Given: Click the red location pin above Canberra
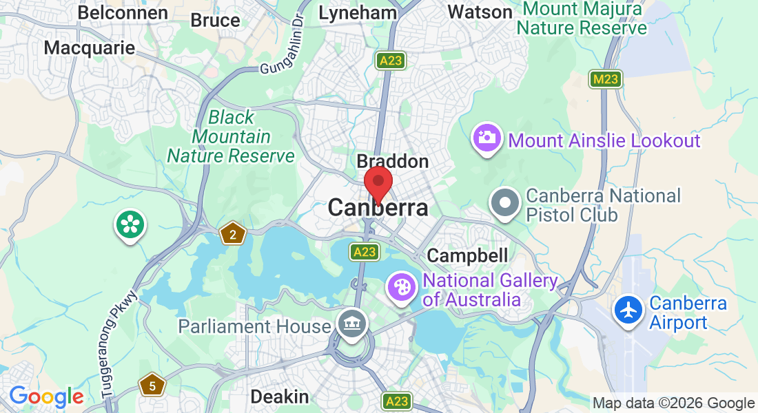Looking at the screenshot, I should click(378, 183).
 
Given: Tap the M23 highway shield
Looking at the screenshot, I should click(605, 79).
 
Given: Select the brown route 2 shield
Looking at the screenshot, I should click(233, 235).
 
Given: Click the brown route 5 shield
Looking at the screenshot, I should click(152, 385).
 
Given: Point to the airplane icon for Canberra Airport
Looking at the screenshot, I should click(628, 310).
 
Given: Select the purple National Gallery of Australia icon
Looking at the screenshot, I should click(402, 286).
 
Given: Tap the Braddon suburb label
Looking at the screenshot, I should click(392, 162).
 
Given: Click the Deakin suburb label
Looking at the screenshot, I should click(279, 397).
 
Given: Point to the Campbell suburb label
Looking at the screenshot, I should click(467, 255).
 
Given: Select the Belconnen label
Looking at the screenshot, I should click(123, 13).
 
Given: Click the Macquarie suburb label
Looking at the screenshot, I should click(89, 47).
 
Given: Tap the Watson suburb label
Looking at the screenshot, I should click(480, 12).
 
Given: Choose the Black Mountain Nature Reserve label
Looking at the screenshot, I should click(231, 137).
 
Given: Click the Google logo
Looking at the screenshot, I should click(46, 397).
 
